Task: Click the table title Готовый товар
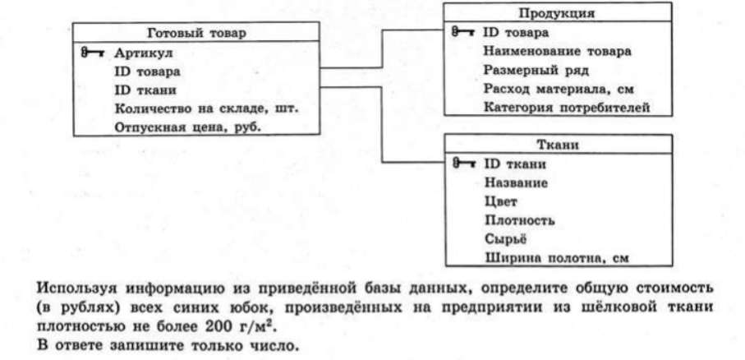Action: pos(196,33)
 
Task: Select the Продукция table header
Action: pos(556,13)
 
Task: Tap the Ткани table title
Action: pos(558,145)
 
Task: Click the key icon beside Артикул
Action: pos(92,53)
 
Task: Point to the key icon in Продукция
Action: pos(462,32)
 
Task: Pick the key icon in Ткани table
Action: pos(463,164)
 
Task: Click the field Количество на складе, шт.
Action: pos(206,108)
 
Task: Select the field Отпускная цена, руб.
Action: pos(188,127)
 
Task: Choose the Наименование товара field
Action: pos(558,51)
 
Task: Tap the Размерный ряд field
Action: pos(536,71)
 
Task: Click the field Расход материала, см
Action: pos(559,89)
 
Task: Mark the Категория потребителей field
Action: pos(567,108)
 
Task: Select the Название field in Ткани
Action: pos(516,182)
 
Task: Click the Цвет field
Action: pos(501,201)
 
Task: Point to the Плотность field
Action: pos(519,220)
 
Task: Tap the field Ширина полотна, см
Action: pos(556,258)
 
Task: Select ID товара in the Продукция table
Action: pos(516,33)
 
